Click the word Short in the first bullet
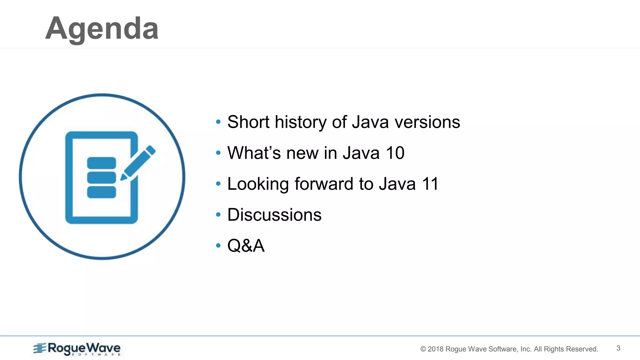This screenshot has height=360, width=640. pyautogui.click(x=248, y=122)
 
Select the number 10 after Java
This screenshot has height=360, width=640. pyautogui.click(x=395, y=153)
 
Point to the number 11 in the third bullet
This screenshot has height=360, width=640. pyautogui.click(x=430, y=184)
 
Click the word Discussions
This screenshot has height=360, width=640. pyautogui.click(x=274, y=215)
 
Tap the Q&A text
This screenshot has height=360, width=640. pyautogui.click(x=246, y=246)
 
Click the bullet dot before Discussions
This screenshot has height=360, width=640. pyautogui.click(x=218, y=214)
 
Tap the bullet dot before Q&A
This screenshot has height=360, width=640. pyautogui.click(x=218, y=245)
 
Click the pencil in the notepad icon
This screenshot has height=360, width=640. pyautogui.click(x=138, y=163)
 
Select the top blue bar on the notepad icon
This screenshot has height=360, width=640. pyautogui.click(x=102, y=163)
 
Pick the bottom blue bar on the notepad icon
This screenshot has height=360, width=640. pyautogui.click(x=102, y=192)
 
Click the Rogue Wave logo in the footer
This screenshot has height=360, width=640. pyautogui.click(x=77, y=349)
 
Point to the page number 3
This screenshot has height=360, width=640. pyautogui.click(x=618, y=348)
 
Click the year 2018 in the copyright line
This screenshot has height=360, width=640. pyautogui.click(x=435, y=349)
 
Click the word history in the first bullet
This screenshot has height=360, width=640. pyautogui.click(x=300, y=122)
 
